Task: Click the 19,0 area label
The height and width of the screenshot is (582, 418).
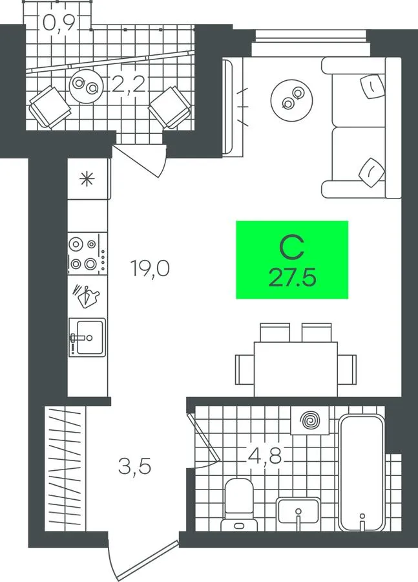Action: click(x=150, y=268)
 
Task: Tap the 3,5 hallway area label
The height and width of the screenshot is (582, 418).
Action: click(x=134, y=467)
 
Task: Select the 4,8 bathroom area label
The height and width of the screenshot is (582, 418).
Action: click(x=265, y=456)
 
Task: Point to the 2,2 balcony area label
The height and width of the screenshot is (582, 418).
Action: click(x=128, y=85)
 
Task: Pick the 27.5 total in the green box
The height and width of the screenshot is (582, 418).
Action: click(x=292, y=277)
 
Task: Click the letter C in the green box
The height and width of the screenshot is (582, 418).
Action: click(x=292, y=248)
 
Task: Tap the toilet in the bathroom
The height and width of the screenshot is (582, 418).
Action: click(x=239, y=505)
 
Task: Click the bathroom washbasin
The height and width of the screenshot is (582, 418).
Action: click(x=298, y=514)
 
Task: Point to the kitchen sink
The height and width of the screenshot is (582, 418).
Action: click(x=87, y=338)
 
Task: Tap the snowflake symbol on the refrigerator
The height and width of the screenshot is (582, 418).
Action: click(x=87, y=180)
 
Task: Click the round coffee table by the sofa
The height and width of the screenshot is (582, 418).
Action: click(x=291, y=99)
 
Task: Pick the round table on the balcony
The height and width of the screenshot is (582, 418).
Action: click(x=86, y=87)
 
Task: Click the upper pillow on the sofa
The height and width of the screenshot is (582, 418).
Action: click(x=372, y=87)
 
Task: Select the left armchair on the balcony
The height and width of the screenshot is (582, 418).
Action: click(x=50, y=107)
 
